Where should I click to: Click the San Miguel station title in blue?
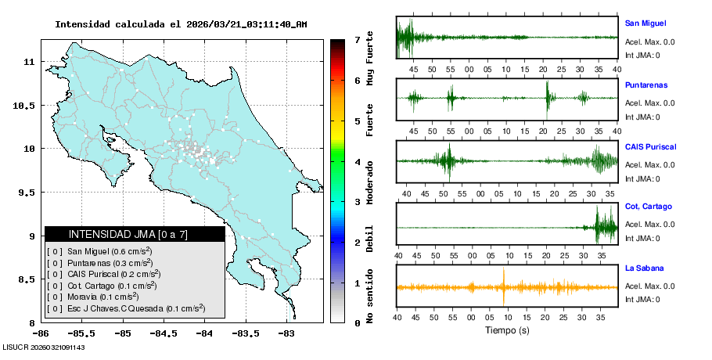[645, 23]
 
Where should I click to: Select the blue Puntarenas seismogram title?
[646, 85]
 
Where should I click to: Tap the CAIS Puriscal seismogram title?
[650, 146]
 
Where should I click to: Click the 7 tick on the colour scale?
[356, 39]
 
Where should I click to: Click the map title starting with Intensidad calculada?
[181, 24]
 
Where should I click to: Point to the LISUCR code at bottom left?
[44, 347]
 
